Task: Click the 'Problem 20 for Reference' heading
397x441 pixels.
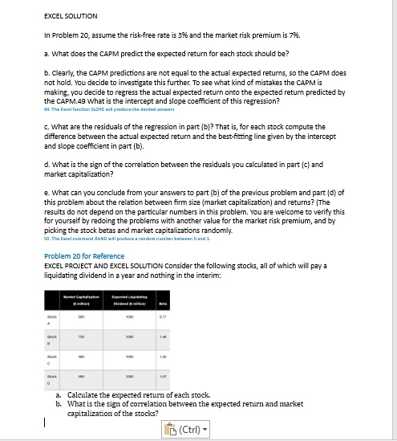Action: click(x=84, y=255)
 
